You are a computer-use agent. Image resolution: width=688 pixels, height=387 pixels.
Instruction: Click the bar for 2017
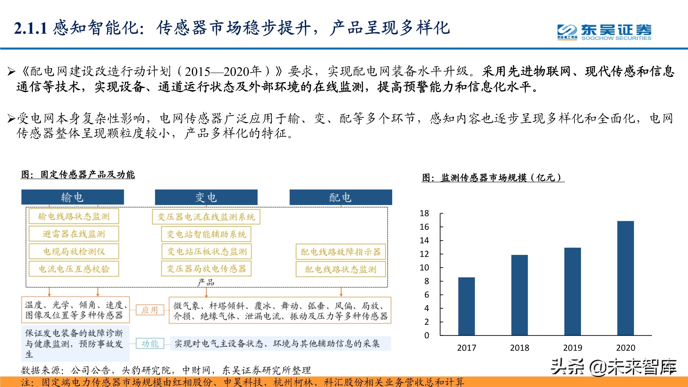point(466,306)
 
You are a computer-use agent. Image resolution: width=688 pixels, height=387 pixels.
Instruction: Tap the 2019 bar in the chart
point(572,291)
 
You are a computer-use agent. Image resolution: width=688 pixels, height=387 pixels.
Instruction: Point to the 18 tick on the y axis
point(424,213)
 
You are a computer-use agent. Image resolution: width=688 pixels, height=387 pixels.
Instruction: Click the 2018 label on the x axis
point(519,348)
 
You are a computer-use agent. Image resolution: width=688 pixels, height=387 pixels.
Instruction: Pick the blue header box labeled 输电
point(73,197)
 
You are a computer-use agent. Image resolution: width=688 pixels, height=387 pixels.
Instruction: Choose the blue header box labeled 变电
point(206,197)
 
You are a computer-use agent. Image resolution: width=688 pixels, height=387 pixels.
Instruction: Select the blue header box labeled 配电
point(341,197)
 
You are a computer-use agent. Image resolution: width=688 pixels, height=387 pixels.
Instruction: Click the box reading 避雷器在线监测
point(74,234)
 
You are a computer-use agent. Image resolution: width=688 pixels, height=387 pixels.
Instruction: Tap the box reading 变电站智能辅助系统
point(206,234)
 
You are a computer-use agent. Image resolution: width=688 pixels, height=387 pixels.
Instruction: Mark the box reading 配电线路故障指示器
point(341,252)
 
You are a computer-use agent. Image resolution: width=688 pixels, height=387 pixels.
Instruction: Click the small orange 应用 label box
point(150,310)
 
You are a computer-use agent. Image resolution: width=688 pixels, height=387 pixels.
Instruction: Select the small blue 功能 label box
point(150,343)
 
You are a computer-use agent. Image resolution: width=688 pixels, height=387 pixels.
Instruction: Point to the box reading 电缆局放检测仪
point(74,251)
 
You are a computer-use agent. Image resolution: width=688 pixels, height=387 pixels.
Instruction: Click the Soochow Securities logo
point(604,32)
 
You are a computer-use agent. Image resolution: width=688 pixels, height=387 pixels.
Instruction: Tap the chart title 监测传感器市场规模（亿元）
point(493,178)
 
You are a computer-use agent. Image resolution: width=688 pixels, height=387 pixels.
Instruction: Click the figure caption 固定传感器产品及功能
point(78,174)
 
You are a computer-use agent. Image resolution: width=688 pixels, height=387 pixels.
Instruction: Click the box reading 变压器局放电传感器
point(206,269)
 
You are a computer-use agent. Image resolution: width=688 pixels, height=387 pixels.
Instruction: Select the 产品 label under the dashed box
point(206,283)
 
